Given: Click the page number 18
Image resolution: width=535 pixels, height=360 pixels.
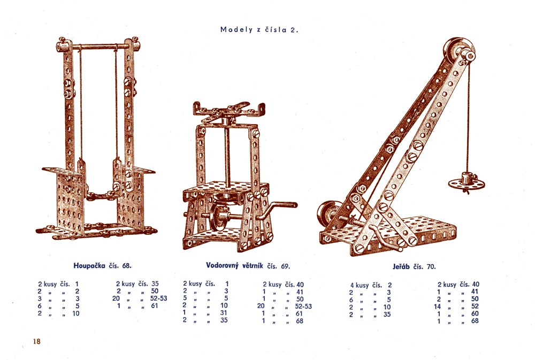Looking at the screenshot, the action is point(36,341).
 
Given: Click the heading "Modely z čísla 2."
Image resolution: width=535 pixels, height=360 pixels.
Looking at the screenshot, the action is point(259,29).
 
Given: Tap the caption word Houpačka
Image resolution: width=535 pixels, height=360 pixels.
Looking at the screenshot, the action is point(89,265).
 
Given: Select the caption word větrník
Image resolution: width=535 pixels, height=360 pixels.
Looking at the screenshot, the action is point(253,265).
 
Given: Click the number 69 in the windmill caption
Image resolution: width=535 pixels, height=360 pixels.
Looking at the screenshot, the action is point(285,266).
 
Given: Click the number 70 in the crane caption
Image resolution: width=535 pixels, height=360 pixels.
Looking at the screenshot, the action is point(431,266).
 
